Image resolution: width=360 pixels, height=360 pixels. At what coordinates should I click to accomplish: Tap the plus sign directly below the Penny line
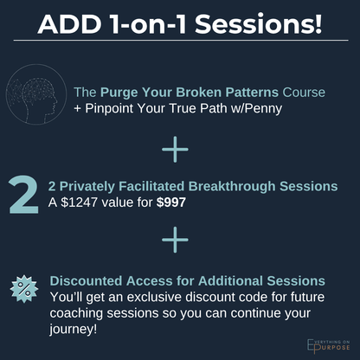175,150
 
